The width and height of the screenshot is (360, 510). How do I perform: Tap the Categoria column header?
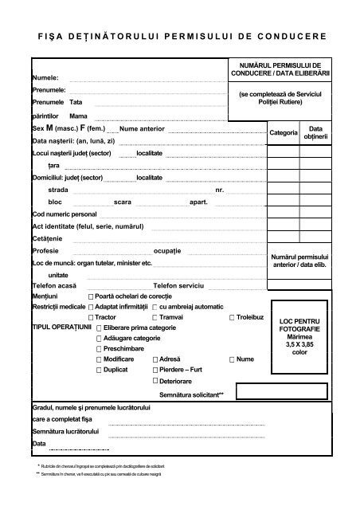click(x=283, y=132)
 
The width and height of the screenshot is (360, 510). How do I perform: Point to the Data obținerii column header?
click(x=315, y=132)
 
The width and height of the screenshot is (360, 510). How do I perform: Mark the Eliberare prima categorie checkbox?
click(x=99, y=328)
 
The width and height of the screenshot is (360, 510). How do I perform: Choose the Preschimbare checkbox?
click(x=99, y=349)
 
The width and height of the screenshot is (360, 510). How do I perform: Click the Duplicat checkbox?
click(x=99, y=371)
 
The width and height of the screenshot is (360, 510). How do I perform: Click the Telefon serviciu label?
click(x=179, y=284)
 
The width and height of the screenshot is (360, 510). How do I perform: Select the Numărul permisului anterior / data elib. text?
click(x=299, y=261)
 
